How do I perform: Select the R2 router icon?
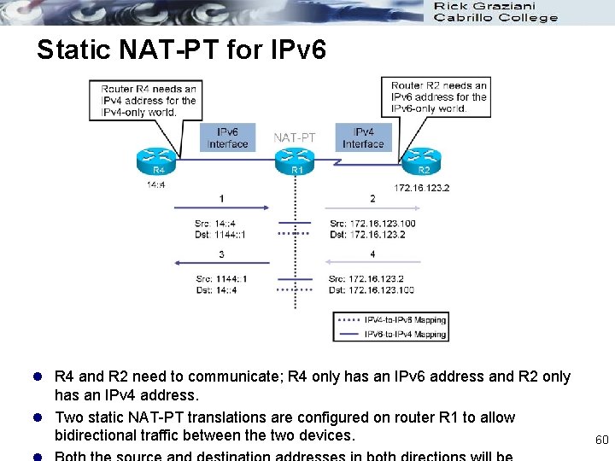click(x=422, y=160)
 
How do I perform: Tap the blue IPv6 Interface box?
click(x=227, y=138)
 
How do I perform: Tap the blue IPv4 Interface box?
click(x=363, y=138)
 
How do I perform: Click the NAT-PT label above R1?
click(x=295, y=137)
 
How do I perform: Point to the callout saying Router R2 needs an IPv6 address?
click(x=438, y=96)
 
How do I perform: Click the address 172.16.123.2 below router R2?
click(x=422, y=188)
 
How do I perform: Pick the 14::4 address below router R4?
click(x=156, y=183)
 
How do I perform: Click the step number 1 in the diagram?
click(x=222, y=198)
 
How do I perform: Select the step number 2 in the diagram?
click(x=372, y=198)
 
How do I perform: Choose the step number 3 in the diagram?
click(x=222, y=254)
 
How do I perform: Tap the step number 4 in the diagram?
click(x=372, y=254)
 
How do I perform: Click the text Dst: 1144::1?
click(x=221, y=235)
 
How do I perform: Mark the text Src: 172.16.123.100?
click(x=372, y=224)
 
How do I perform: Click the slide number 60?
click(x=601, y=440)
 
